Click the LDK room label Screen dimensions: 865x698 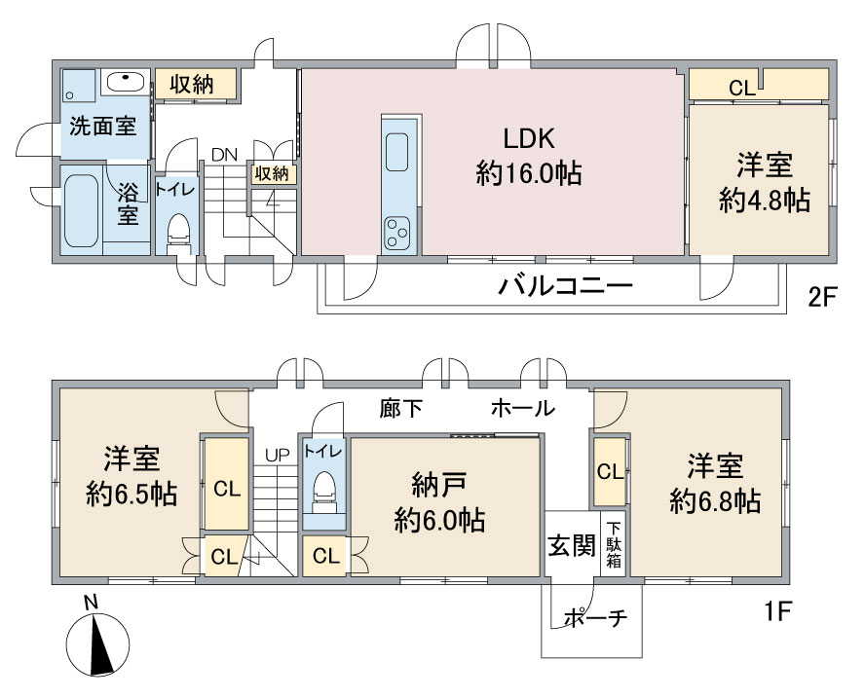[x=529, y=139]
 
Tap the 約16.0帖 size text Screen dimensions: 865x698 [x=529, y=173]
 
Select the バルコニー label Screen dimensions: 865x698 [x=565, y=285]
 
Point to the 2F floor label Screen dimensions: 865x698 [x=822, y=298]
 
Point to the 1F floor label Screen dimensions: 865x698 [x=778, y=611]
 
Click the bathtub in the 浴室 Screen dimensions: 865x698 [x=81, y=210]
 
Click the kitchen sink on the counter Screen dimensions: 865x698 [x=397, y=152]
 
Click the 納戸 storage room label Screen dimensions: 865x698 [x=439, y=485]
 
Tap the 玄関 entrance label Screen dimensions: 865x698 [x=572, y=546]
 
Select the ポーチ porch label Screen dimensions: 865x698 [x=596, y=618]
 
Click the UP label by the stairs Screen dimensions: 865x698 [x=277, y=456]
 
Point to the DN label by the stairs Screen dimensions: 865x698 [x=224, y=155]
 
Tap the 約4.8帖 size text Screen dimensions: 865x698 [x=765, y=201]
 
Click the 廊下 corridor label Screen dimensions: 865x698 [x=401, y=408]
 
